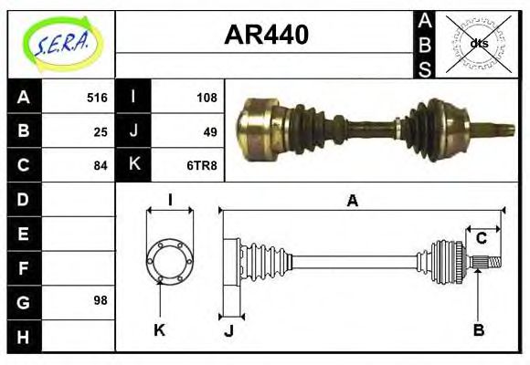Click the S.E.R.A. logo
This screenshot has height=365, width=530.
(61, 43)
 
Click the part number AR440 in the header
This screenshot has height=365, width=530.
(266, 36)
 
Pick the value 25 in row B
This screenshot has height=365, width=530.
(101, 131)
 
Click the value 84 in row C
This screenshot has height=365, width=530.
(101, 165)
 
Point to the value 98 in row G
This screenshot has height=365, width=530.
(101, 299)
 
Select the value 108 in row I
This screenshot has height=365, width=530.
(207, 98)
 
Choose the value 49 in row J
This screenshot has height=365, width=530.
(210, 131)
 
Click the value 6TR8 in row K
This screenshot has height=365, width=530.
(203, 165)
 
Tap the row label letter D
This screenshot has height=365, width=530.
(24, 199)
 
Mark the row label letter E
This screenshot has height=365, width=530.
(24, 234)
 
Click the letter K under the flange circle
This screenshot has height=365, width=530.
(160, 329)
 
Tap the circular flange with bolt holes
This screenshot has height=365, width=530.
(170, 260)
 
